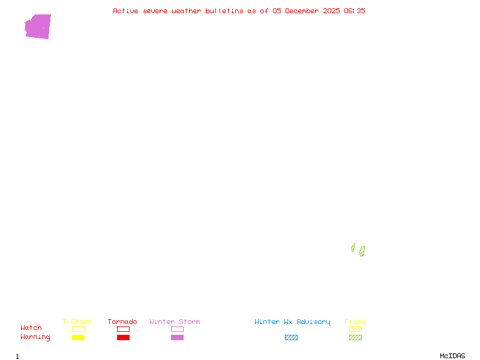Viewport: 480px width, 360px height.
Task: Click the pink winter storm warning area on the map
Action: coord(38,27)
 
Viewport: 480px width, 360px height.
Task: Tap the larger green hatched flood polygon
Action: coord(362,251)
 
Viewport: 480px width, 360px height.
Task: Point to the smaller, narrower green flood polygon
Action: coord(353,247)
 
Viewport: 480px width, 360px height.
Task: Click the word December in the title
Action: coord(304,11)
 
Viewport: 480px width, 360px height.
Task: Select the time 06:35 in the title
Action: coord(354,11)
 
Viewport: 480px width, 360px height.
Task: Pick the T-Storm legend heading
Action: coord(77,322)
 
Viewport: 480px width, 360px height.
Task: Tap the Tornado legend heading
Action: coord(122,322)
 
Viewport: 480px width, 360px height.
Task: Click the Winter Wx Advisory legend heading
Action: coord(292,322)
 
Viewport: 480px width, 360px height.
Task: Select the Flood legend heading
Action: coord(355,322)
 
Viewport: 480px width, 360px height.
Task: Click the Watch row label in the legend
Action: coord(31,328)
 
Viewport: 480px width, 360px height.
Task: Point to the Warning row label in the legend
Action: coord(35,337)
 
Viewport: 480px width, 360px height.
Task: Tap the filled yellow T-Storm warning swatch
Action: coord(78,337)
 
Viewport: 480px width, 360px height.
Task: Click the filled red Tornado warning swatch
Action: coord(123,337)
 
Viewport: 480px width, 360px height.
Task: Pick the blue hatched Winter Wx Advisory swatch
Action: coord(291,337)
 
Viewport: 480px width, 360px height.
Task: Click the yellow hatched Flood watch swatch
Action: coord(355,329)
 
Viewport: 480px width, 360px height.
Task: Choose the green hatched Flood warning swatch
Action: coord(355,337)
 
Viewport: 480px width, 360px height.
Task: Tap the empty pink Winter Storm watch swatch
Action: coord(177,329)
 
